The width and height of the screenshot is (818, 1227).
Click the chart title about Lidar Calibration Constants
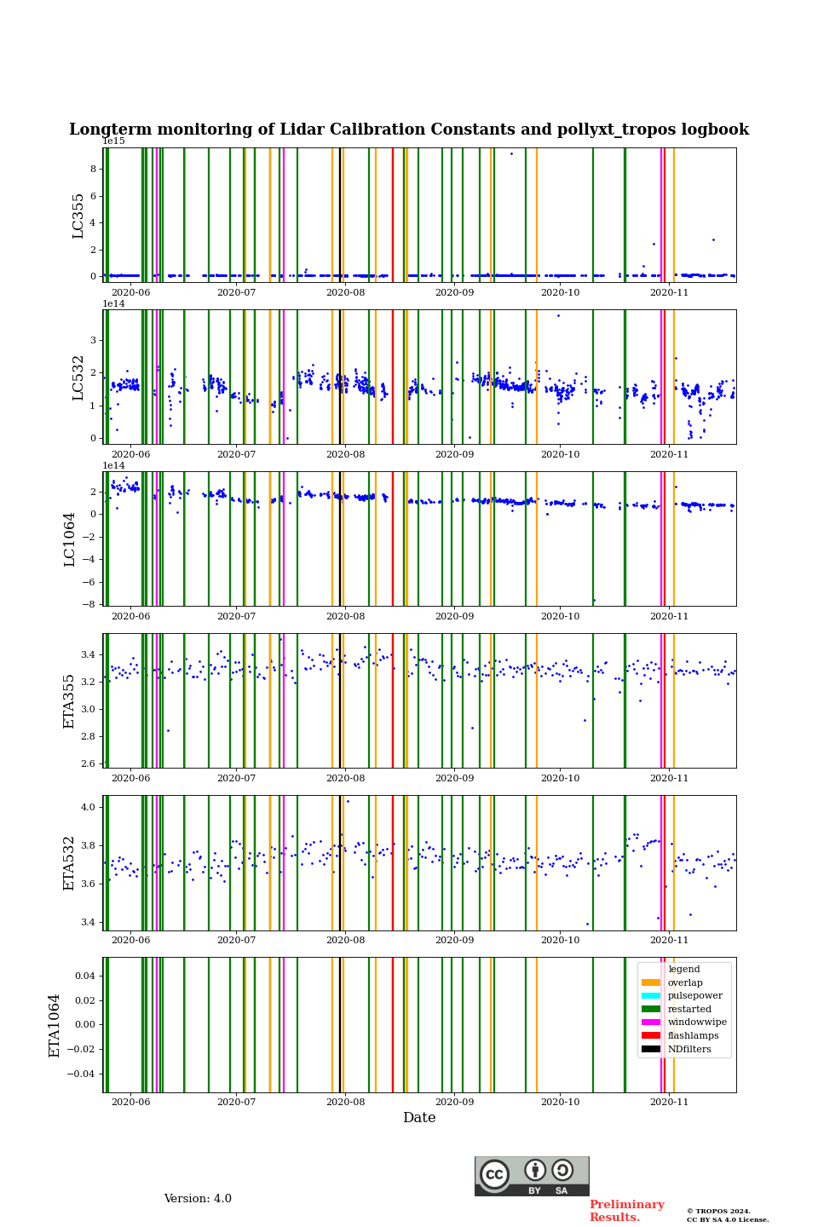[x=409, y=130]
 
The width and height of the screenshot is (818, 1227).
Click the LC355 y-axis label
[x=78, y=216]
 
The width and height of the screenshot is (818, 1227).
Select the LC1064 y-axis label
[x=70, y=539]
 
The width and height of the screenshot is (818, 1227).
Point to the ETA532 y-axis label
[x=70, y=863]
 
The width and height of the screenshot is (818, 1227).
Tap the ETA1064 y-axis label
[x=55, y=1025]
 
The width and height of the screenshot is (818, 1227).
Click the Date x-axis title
[x=419, y=1118]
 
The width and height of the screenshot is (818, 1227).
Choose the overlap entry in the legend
[x=685, y=982]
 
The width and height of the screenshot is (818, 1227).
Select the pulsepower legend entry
[x=694, y=995]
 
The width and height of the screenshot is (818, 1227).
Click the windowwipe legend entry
[x=697, y=1022]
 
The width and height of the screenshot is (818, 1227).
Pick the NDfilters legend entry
[x=688, y=1049]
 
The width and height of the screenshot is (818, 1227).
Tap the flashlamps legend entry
[x=693, y=1035]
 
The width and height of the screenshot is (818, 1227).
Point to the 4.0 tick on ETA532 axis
[x=88, y=807]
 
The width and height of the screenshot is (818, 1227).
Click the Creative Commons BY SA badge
[x=532, y=1176]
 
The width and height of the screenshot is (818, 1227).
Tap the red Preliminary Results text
[x=626, y=1211]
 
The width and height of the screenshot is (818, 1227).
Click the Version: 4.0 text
[x=198, y=1199]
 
